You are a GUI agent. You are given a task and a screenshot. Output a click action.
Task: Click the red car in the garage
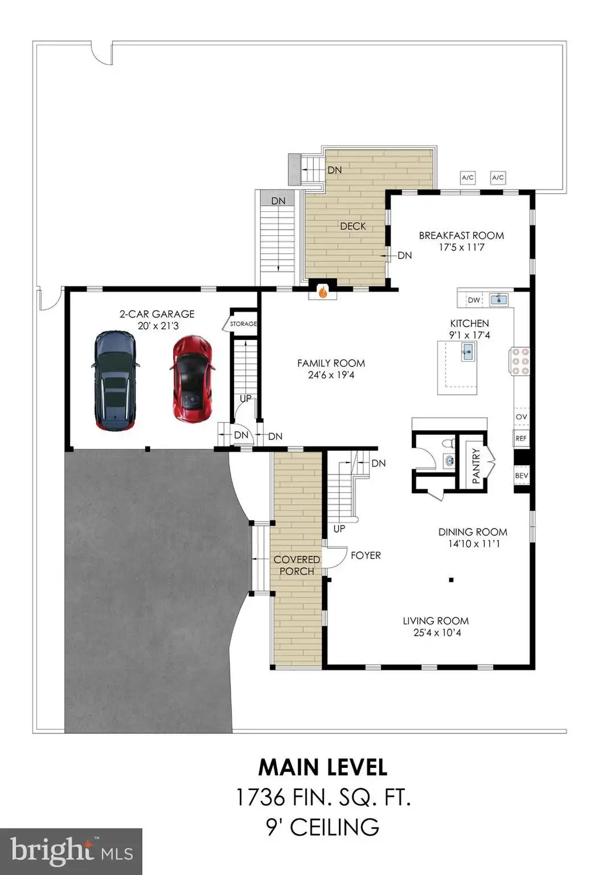tap(192, 379)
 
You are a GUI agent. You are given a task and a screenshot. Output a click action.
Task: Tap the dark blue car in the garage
tap(116, 381)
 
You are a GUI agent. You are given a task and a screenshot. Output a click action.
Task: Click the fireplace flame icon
tap(322, 292)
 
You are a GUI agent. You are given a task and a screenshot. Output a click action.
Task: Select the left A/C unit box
tap(467, 178)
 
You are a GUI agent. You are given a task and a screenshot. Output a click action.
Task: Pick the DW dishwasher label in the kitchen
tap(474, 300)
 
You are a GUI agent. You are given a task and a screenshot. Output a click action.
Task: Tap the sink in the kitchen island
tap(468, 352)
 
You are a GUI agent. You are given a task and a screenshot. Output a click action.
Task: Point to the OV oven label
tap(521, 417)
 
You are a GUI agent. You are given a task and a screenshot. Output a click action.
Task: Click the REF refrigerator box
tap(521, 439)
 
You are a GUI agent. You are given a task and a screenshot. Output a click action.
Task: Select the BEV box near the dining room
tap(521, 475)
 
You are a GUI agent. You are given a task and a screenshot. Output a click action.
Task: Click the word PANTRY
tap(476, 466)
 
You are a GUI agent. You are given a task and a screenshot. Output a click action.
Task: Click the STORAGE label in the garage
tap(243, 324)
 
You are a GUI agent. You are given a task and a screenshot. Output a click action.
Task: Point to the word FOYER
tap(366, 555)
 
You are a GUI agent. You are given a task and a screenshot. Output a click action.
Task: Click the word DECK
tap(353, 226)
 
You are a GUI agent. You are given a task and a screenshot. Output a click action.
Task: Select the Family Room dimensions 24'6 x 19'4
tap(331, 375)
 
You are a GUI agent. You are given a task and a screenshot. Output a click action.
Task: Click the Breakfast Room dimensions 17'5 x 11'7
tap(462, 247)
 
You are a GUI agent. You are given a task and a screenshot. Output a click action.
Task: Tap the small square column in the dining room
tap(451, 580)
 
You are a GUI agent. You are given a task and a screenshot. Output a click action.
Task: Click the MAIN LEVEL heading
tap(322, 767)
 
